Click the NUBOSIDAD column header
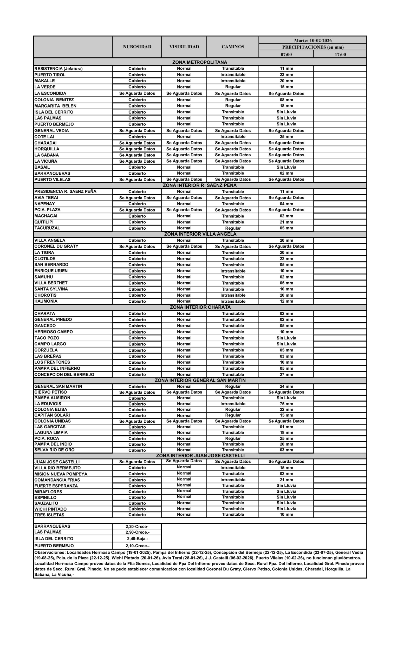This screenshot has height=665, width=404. [x=137, y=47]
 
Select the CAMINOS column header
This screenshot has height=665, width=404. [x=232, y=47]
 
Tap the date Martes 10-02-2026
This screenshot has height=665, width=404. [x=313, y=41]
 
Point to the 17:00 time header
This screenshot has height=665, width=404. [x=340, y=55]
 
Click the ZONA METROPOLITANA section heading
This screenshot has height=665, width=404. [x=200, y=62]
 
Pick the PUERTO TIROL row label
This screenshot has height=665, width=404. [x=50, y=75]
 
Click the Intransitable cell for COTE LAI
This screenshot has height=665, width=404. [x=232, y=137]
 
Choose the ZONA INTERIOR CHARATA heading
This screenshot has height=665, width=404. [x=200, y=307]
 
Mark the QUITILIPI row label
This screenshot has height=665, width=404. [x=44, y=222]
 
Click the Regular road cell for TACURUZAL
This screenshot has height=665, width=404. [x=232, y=228]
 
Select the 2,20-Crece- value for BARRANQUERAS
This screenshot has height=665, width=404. [x=137, y=526]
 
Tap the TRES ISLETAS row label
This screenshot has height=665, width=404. [x=49, y=515]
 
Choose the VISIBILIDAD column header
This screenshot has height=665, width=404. [x=184, y=47]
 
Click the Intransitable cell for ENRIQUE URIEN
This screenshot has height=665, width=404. [x=232, y=271]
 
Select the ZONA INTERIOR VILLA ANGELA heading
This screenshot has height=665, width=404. [x=200, y=234]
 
